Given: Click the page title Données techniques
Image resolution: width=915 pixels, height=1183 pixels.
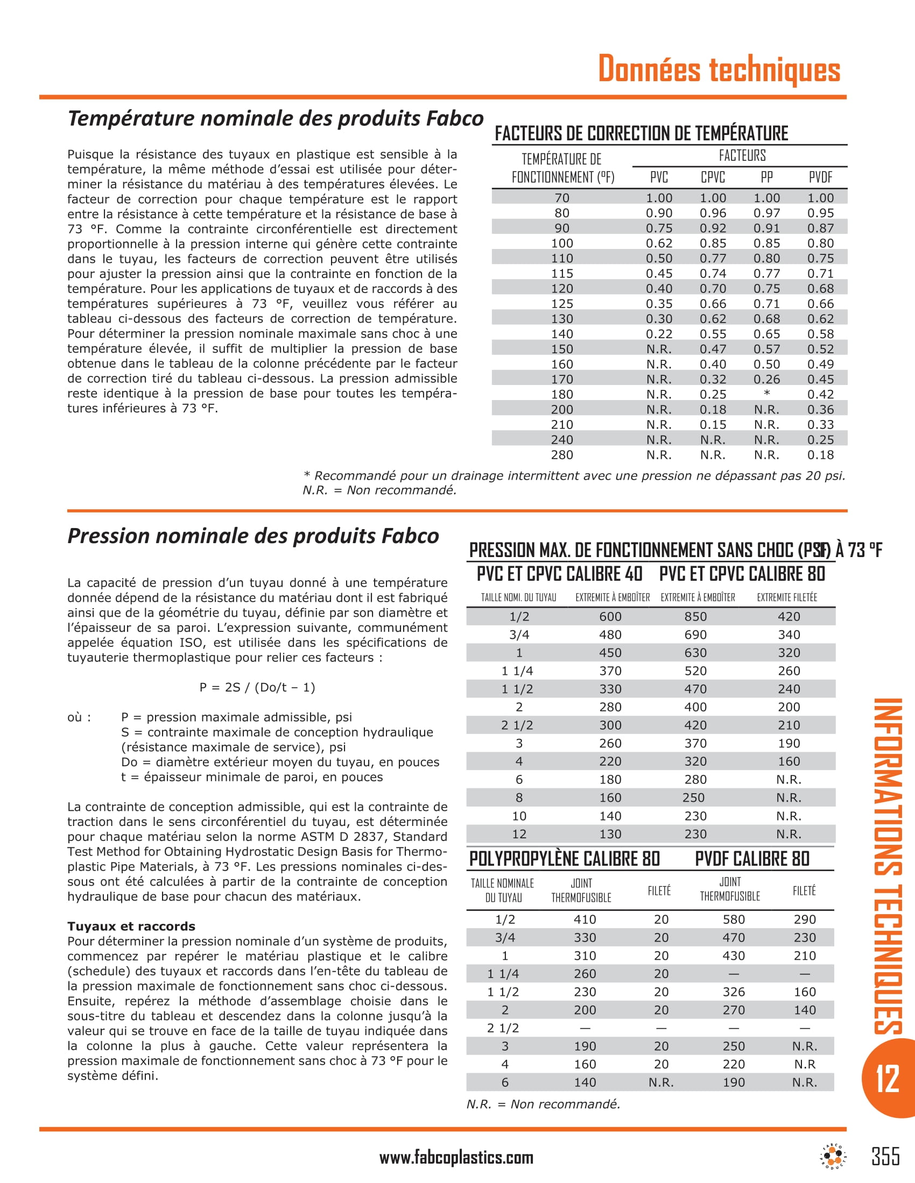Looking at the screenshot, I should pos(719,69).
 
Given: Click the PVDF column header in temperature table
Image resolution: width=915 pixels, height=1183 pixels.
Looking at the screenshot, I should pos(820,177).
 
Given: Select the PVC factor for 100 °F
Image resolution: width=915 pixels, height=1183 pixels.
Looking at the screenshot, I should pos(659,243).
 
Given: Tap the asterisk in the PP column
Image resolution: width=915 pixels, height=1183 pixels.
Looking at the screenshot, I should pos(766,394).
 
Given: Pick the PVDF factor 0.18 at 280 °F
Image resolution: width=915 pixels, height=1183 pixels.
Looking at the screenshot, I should pos(820,455).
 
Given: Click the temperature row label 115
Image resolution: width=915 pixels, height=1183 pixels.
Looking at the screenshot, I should pos(561,274).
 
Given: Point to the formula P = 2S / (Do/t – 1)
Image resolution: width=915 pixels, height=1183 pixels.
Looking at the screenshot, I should pos(257,687).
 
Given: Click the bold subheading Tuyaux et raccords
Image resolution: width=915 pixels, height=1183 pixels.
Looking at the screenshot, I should pos(131,926).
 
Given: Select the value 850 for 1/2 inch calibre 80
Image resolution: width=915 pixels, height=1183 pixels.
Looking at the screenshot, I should pos(695,616).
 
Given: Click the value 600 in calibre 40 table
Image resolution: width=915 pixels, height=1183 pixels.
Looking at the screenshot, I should pos(610,616).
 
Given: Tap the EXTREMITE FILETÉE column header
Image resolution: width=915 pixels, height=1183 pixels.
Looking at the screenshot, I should pos(786,597).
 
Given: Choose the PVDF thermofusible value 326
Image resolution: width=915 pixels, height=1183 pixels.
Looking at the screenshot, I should pos(734,992).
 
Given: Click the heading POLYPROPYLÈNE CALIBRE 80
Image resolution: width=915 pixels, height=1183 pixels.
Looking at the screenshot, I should pos(564,859).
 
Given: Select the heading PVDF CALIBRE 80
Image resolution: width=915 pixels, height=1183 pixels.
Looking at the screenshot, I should pos(752,859).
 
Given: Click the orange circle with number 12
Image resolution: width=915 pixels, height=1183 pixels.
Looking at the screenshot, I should pos(888,1079).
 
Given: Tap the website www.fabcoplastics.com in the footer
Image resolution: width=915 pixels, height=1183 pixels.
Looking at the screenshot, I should pos(456,1158).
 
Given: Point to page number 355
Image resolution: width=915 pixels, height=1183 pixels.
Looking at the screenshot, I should pos(885,1156).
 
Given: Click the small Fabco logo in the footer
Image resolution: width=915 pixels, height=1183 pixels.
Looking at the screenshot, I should pos(833,1156).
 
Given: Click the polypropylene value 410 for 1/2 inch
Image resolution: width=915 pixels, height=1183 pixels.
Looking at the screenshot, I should pos(585,919).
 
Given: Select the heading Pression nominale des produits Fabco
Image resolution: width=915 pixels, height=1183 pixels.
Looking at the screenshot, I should pos(253,536).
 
